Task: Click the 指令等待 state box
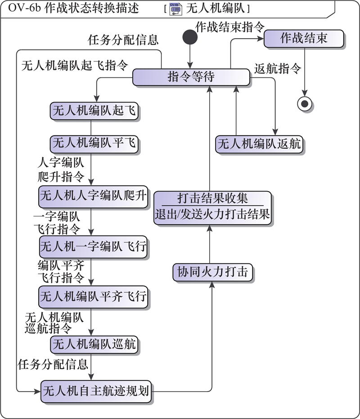191,77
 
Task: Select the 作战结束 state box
304,39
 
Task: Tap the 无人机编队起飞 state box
94,111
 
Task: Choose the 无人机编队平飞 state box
94,143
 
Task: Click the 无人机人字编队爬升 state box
94,196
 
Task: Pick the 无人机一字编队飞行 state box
94,247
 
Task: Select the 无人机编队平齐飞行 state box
94,297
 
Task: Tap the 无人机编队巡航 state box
94,344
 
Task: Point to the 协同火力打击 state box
212,272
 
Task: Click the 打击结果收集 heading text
212,198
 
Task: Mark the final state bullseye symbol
305,104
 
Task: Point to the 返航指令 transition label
277,68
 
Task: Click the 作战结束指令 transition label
230,27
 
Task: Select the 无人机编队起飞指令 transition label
75,66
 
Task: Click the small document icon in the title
175,9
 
